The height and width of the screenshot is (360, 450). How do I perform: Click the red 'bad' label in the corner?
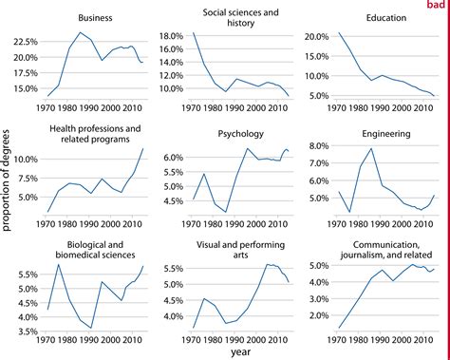[438, 6]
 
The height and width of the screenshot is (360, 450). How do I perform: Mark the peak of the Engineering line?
[370, 148]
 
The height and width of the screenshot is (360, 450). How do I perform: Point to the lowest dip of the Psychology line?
[227, 212]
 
